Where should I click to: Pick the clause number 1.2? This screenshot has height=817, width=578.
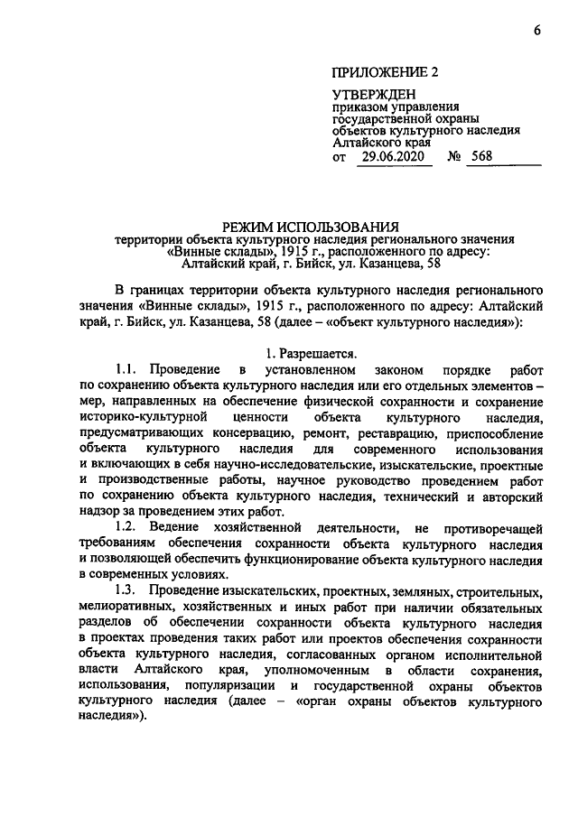(132, 527)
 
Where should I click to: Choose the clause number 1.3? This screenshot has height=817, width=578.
(132, 590)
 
